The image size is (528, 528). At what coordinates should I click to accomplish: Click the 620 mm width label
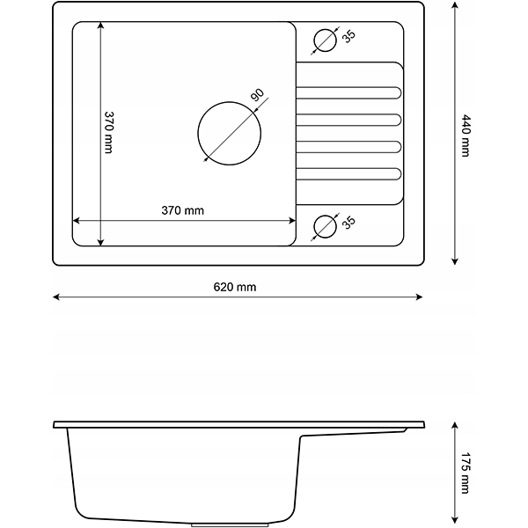pos(235,287)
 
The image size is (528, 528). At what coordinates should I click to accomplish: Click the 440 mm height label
pos(466,136)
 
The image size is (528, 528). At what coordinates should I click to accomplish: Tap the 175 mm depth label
pos(465,473)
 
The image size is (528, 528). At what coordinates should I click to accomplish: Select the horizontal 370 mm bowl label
pos(182,210)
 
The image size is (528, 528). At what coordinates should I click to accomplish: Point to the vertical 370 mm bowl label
pos(108,132)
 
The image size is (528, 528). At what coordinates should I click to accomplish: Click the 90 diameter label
pos(257,95)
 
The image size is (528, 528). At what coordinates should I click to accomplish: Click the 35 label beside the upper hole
pos(348,36)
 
